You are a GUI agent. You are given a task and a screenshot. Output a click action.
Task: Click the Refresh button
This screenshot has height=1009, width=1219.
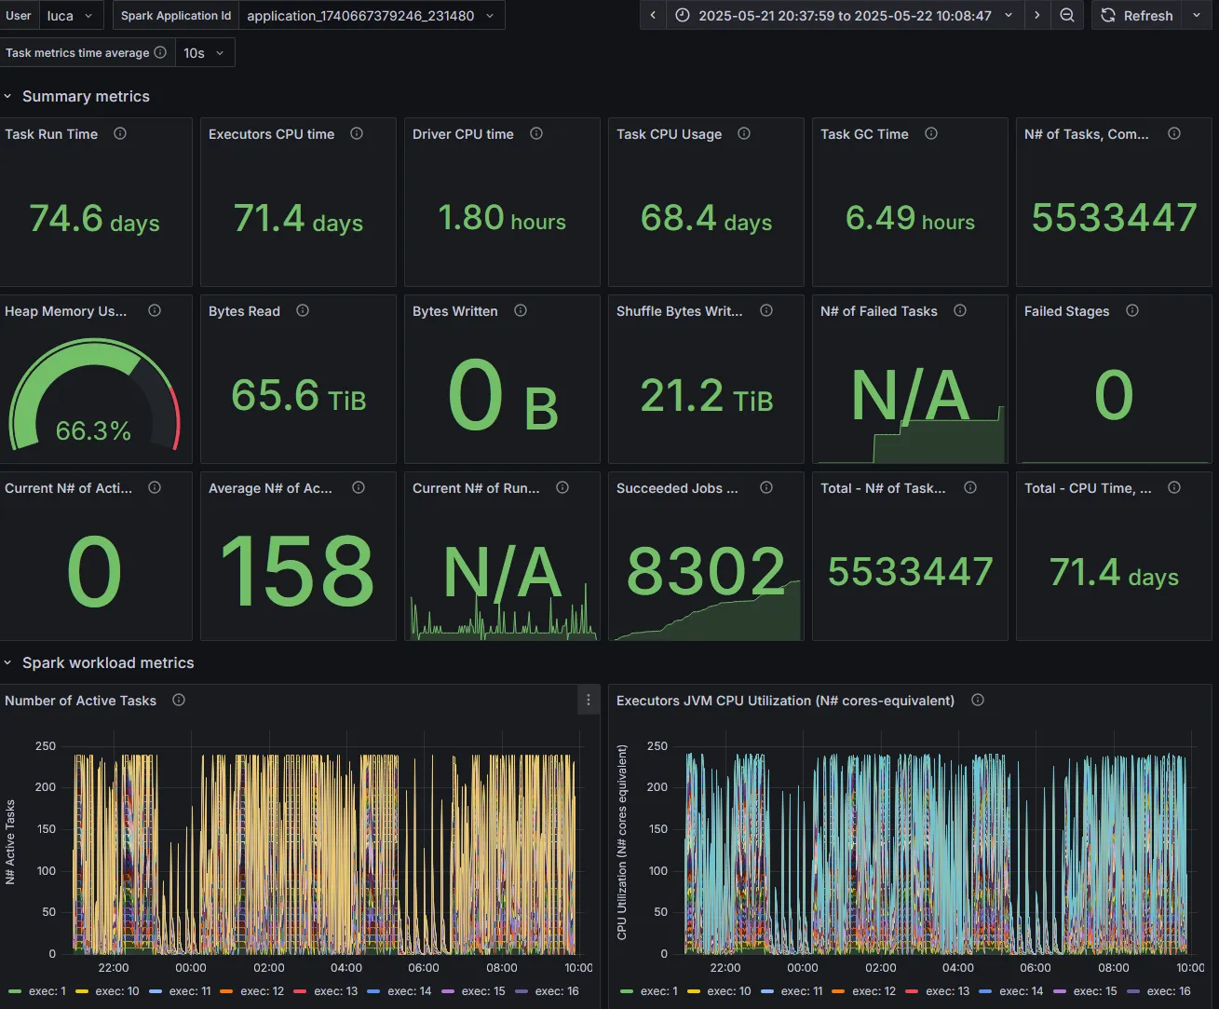(x=1136, y=16)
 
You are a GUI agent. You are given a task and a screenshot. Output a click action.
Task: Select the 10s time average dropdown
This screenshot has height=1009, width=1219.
(x=204, y=53)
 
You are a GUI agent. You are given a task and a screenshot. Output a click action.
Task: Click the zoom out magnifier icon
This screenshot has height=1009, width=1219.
(x=1066, y=16)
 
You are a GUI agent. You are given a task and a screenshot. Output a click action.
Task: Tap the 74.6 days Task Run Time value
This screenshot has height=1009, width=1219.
(x=94, y=219)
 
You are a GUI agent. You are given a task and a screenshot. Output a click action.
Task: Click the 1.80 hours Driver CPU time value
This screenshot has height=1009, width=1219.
(x=502, y=218)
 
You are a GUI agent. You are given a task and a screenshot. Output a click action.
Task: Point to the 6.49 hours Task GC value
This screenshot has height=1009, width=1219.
(x=910, y=219)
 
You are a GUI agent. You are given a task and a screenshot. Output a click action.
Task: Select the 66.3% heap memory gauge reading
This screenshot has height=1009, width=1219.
(x=93, y=431)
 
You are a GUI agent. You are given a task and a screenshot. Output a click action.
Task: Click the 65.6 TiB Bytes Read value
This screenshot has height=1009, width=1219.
(x=298, y=396)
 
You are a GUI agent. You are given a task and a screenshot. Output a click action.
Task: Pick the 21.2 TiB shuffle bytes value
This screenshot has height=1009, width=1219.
(x=707, y=396)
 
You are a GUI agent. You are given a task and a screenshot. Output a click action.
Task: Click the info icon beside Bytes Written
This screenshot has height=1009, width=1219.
(x=521, y=311)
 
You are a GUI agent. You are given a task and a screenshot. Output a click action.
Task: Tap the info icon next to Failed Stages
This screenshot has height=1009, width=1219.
(x=1132, y=311)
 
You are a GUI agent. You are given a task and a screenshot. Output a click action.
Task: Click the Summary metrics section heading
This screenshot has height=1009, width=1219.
(x=86, y=96)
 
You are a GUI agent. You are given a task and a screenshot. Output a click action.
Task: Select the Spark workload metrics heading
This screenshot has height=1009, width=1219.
(x=108, y=663)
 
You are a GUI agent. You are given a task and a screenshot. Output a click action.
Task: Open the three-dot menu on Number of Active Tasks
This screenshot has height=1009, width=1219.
(x=589, y=700)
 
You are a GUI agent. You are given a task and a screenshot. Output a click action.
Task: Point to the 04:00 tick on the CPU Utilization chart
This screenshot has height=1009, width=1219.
(x=958, y=968)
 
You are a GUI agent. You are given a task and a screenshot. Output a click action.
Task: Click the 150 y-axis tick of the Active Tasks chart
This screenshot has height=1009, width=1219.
(x=46, y=829)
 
